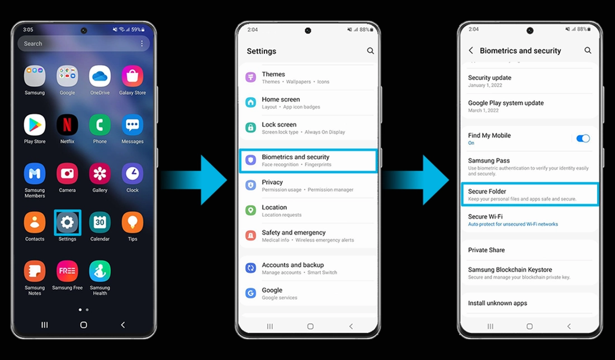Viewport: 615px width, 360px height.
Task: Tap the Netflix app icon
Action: [x=67, y=125]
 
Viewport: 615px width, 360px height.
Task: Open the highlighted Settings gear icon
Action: [x=67, y=222]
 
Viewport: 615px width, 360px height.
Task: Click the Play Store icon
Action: [x=35, y=125]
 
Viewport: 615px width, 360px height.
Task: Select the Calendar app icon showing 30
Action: [x=100, y=222]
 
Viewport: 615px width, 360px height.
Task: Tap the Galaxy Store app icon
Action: [x=133, y=77]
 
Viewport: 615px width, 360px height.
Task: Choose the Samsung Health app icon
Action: [x=100, y=271]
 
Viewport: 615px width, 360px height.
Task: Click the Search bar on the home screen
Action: [x=78, y=44]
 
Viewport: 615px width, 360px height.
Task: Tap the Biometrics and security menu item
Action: [x=307, y=160]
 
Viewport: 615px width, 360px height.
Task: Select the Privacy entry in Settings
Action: [x=307, y=186]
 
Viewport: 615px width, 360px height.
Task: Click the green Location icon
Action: [x=251, y=211]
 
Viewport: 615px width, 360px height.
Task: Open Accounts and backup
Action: [x=307, y=268]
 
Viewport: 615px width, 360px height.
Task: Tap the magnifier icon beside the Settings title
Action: [x=370, y=51]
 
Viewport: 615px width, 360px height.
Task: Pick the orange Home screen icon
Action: [x=251, y=102]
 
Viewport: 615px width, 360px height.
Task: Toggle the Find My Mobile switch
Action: [x=583, y=139]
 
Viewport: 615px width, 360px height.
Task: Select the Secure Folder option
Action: [x=529, y=195]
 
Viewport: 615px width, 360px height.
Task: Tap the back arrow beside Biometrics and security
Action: [x=471, y=50]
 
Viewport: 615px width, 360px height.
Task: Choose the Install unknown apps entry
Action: [x=498, y=303]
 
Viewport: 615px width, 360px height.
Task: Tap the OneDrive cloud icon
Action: [x=100, y=77]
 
